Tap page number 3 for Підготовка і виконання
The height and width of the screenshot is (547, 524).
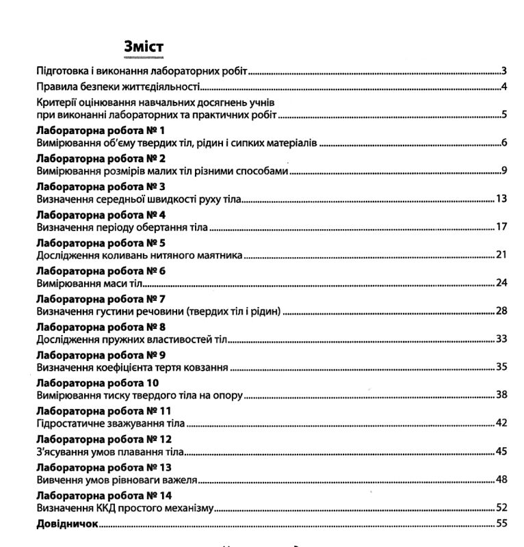pos(503,70)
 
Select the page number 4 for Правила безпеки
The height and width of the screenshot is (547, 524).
pos(503,87)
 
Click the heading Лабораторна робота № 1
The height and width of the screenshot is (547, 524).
pos(101,130)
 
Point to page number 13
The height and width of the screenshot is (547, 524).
pos(500,199)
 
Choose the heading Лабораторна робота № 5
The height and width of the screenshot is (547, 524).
pos(101,243)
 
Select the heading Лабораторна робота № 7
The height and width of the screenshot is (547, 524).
pos(101,299)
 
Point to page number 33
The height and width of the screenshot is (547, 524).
pos(500,339)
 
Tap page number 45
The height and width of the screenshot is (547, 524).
pos(500,452)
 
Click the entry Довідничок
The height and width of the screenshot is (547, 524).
pos(67,524)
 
